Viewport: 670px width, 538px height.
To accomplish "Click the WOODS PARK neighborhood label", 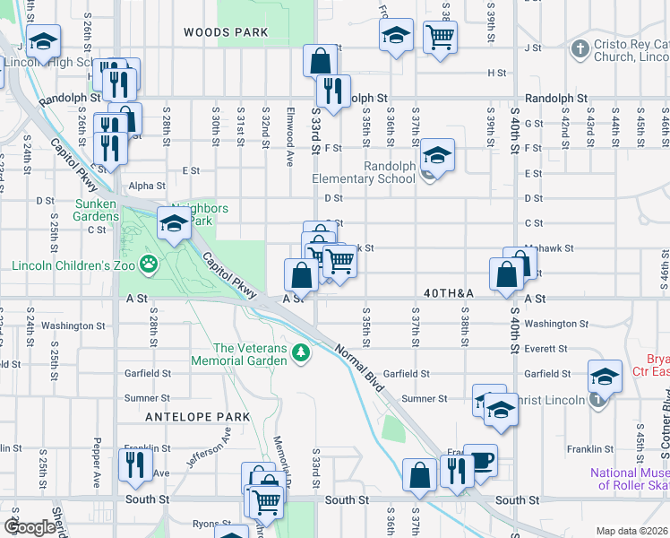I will click(x=226, y=32).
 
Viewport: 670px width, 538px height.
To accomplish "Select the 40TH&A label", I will click(x=449, y=293).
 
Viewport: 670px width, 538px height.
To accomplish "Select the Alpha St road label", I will click(x=148, y=187).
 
